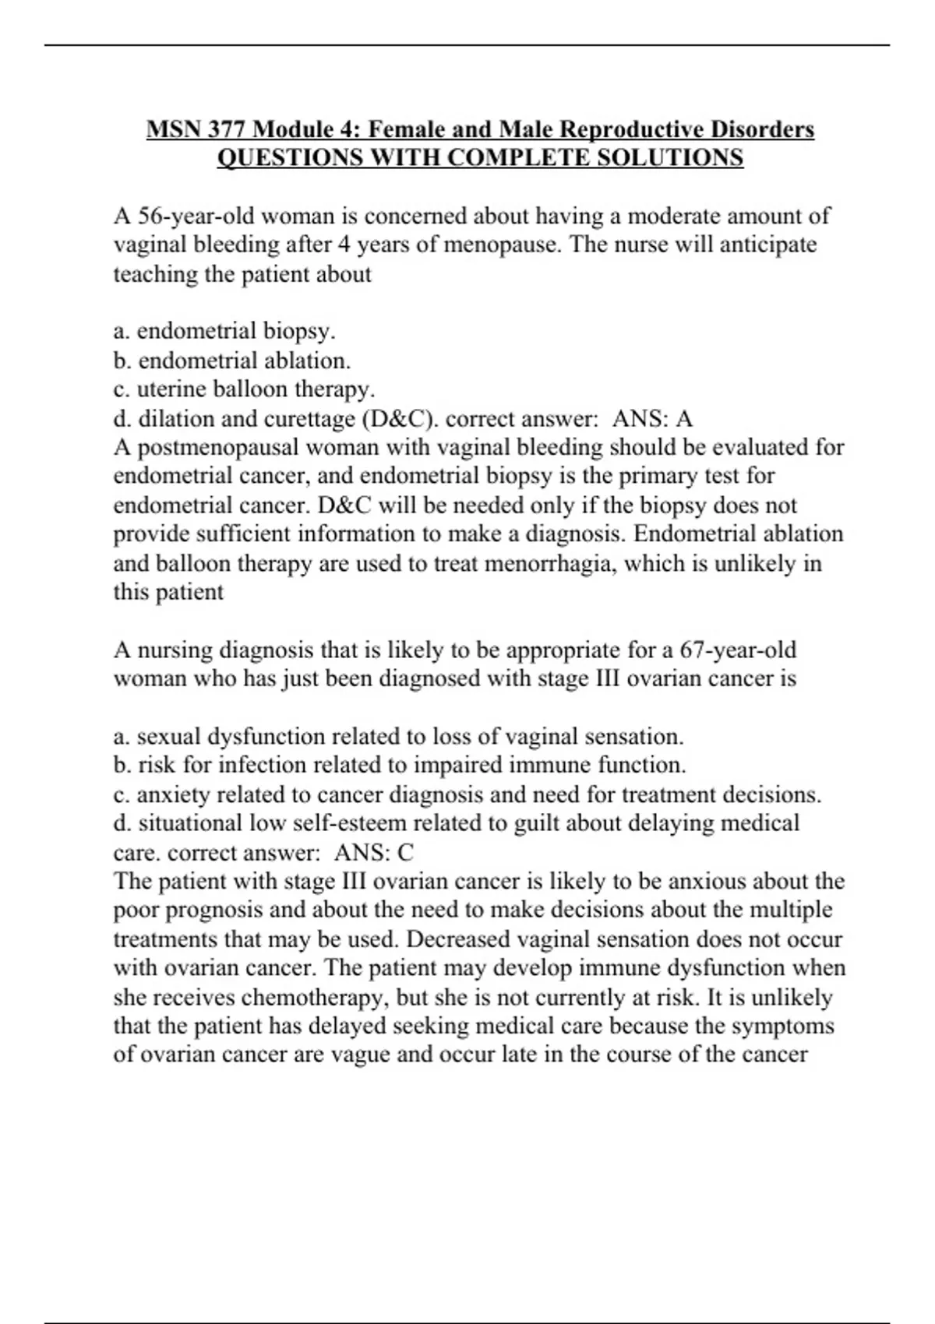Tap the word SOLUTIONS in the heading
669,157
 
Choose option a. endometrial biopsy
224,331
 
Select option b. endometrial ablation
232,361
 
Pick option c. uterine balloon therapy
244,389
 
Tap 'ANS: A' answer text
652,419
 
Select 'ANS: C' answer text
373,853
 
